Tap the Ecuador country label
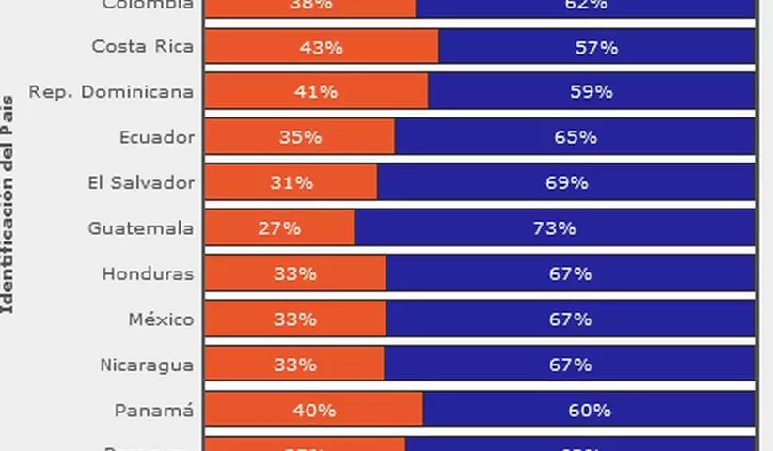click(x=157, y=137)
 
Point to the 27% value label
click(x=279, y=228)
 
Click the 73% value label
click(x=554, y=228)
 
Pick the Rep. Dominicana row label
click(x=111, y=92)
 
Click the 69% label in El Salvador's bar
click(x=567, y=183)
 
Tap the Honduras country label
click(x=148, y=274)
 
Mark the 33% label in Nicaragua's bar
click(x=294, y=365)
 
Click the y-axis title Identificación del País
click(x=8, y=202)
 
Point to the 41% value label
click(x=316, y=92)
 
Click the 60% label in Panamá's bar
click(x=590, y=411)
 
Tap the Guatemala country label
click(x=141, y=228)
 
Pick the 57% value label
click(x=596, y=47)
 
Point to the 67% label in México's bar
click(x=571, y=319)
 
